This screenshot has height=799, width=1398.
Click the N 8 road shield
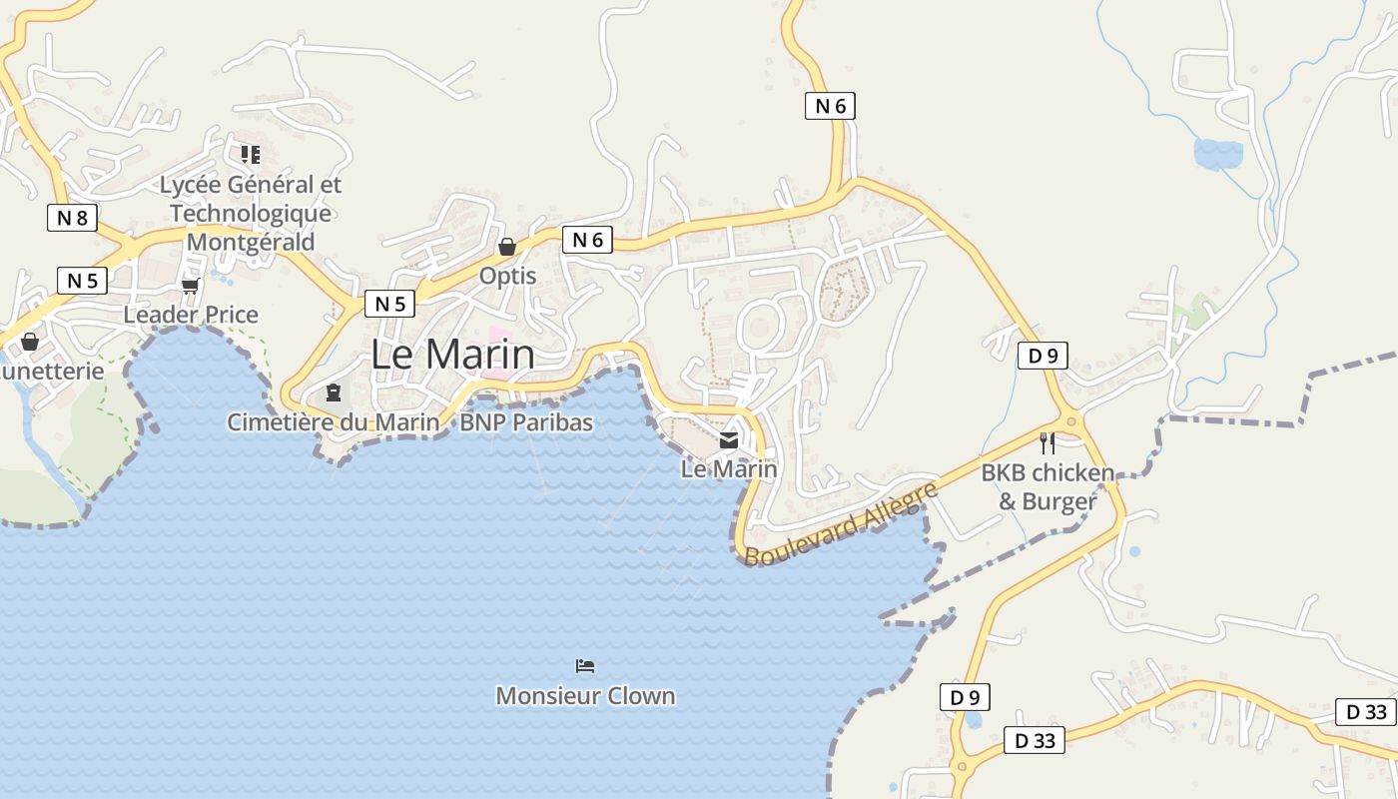pyautogui.click(x=72, y=218)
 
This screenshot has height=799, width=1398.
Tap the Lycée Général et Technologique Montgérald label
pyautogui.click(x=251, y=213)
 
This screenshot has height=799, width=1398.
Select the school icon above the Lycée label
pyautogui.click(x=250, y=154)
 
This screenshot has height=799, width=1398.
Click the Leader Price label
pyautogui.click(x=191, y=315)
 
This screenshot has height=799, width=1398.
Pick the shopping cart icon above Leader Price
pyautogui.click(x=190, y=287)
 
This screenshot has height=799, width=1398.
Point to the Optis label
pyautogui.click(x=508, y=276)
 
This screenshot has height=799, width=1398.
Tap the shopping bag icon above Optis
pyautogui.click(x=507, y=247)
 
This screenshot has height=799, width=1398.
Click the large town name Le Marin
pyautogui.click(x=452, y=355)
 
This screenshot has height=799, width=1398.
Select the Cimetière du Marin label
pyautogui.click(x=333, y=422)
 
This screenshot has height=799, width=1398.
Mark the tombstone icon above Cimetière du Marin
pyautogui.click(x=334, y=393)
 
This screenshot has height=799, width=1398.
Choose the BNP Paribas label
pyautogui.click(x=526, y=422)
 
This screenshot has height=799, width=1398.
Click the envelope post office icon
pyautogui.click(x=729, y=439)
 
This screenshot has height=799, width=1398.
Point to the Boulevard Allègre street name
pyautogui.click(x=841, y=523)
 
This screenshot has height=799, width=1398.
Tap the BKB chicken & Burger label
pyautogui.click(x=1048, y=486)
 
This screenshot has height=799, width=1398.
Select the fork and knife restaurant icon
pyautogui.click(x=1047, y=442)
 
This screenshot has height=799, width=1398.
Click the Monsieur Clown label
pyautogui.click(x=585, y=696)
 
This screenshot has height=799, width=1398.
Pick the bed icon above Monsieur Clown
pyautogui.click(x=585, y=666)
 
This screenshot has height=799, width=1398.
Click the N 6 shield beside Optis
pyautogui.click(x=587, y=240)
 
